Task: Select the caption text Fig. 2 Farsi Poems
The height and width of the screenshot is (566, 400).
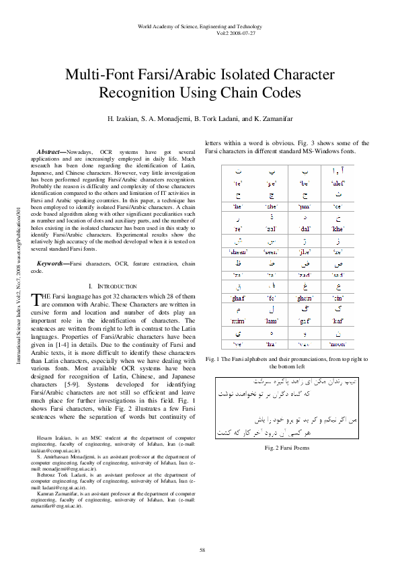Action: click(x=286, y=446)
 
